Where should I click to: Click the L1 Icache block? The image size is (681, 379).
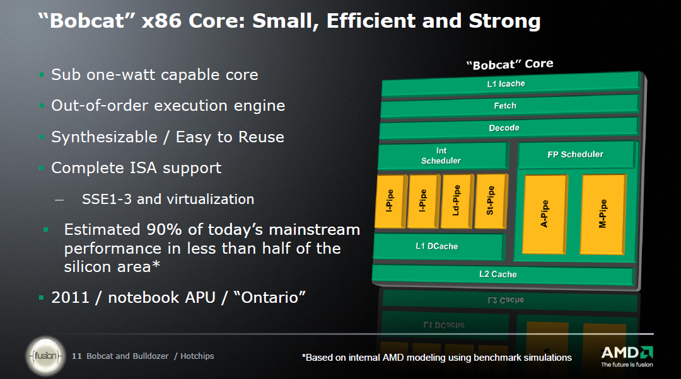(x=511, y=84)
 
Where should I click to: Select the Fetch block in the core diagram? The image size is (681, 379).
(x=510, y=106)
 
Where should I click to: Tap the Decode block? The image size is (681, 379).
(x=509, y=128)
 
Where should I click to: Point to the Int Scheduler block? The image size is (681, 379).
(x=443, y=156)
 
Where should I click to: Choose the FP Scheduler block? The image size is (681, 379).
(x=576, y=154)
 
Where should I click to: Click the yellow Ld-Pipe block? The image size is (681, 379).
(x=457, y=201)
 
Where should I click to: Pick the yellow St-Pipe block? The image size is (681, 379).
(x=491, y=201)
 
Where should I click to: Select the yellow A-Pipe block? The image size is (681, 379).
(x=545, y=214)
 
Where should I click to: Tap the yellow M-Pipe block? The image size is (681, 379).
(x=603, y=214)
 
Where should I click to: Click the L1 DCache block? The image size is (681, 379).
(x=438, y=247)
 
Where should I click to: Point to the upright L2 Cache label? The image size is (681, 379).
(x=498, y=274)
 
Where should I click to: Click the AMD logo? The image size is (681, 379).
(x=627, y=356)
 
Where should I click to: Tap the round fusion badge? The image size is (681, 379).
(x=45, y=356)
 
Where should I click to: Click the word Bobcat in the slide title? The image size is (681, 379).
(x=87, y=20)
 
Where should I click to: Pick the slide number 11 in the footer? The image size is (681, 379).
(x=76, y=356)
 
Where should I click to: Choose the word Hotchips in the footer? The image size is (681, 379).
(x=197, y=356)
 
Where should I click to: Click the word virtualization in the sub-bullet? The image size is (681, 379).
(x=211, y=199)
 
